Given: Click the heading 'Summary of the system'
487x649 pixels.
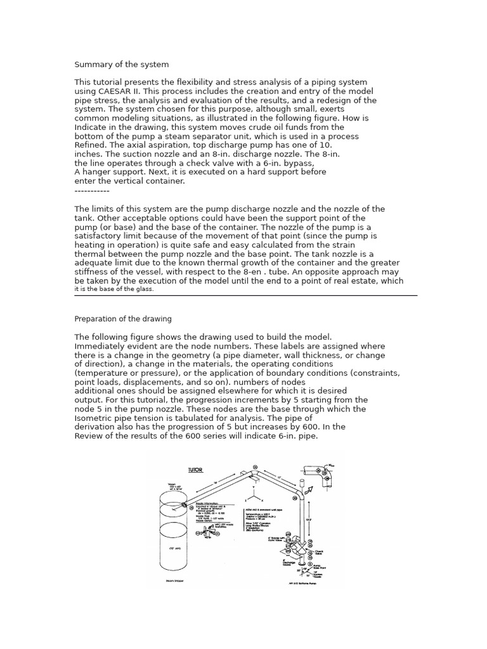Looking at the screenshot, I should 122,65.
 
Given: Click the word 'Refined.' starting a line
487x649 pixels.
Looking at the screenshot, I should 92,145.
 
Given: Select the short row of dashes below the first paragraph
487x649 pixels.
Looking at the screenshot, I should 92,191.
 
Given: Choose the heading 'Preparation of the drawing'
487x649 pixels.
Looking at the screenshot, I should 123,319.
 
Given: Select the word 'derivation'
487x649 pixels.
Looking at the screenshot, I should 96,427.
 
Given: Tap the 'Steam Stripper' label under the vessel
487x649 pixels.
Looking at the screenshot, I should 174,579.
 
